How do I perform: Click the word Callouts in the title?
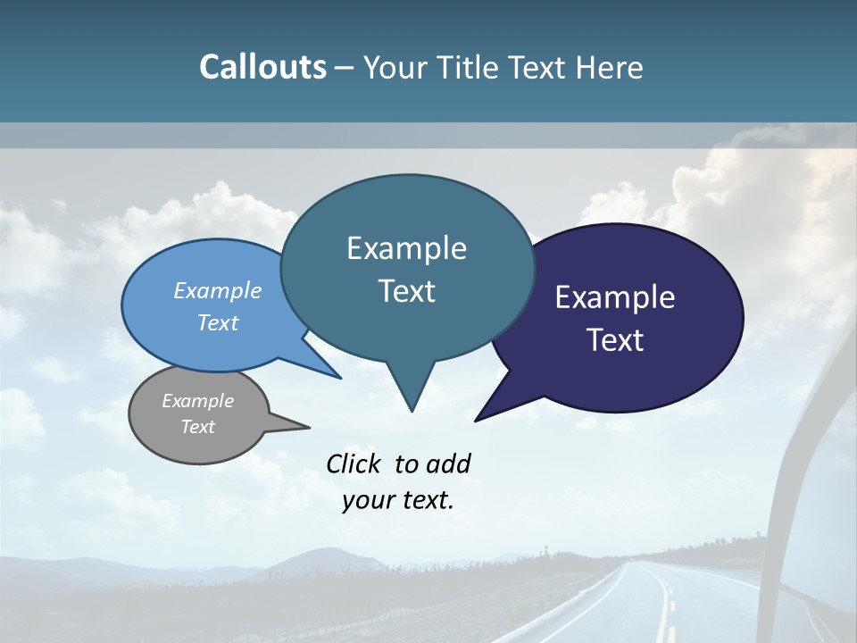262,67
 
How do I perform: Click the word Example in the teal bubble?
406,248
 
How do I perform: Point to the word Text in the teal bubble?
406,291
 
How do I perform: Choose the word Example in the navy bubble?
615,297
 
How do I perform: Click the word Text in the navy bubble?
615,340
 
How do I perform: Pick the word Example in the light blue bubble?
217,290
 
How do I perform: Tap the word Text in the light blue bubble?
217,322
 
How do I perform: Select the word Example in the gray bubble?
197,401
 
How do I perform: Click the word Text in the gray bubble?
197,427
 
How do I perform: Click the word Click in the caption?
354,463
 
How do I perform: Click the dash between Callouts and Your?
345,68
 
